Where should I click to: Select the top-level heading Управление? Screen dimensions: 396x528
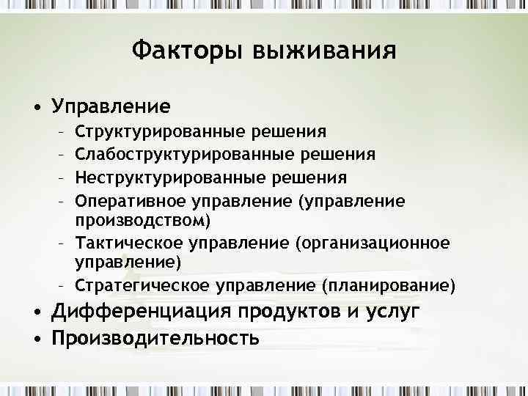point(111,107)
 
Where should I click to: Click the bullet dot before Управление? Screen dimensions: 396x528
point(36,108)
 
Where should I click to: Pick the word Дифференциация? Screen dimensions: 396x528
point(142,312)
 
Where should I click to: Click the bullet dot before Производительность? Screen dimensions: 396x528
point(36,339)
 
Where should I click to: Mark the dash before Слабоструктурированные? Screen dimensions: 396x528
point(62,155)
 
